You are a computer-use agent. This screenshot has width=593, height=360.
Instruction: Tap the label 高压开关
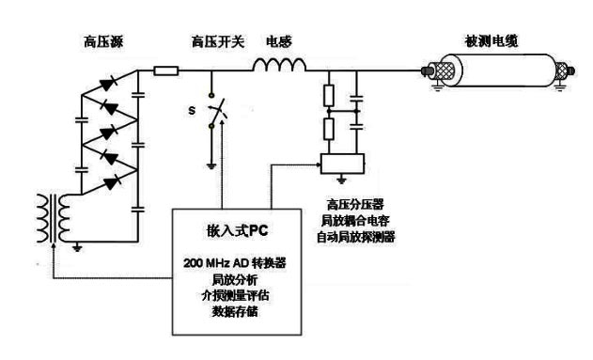tap(212, 43)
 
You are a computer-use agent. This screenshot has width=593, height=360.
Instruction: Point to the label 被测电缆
tap(489, 42)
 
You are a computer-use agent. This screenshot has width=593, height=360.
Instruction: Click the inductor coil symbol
tap(278, 67)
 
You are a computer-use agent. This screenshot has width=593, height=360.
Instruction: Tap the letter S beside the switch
tap(191, 112)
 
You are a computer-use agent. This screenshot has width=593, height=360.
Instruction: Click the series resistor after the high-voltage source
tap(167, 70)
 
